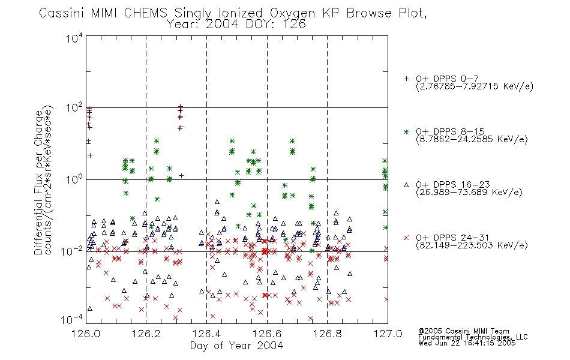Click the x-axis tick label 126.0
point(85,334)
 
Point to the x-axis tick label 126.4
point(206,334)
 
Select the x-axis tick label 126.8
point(327,334)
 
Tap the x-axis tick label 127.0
point(388,334)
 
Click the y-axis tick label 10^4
point(74,38)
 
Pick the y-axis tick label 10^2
point(74,107)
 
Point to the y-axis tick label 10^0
point(74,179)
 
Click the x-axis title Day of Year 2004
point(236,346)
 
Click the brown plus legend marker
point(406,79)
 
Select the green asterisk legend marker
point(406,131)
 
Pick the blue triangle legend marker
point(406,185)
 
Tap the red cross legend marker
point(406,238)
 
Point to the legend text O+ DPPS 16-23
point(453,184)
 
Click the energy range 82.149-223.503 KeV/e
point(472,245)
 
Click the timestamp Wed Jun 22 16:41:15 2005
point(467,343)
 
